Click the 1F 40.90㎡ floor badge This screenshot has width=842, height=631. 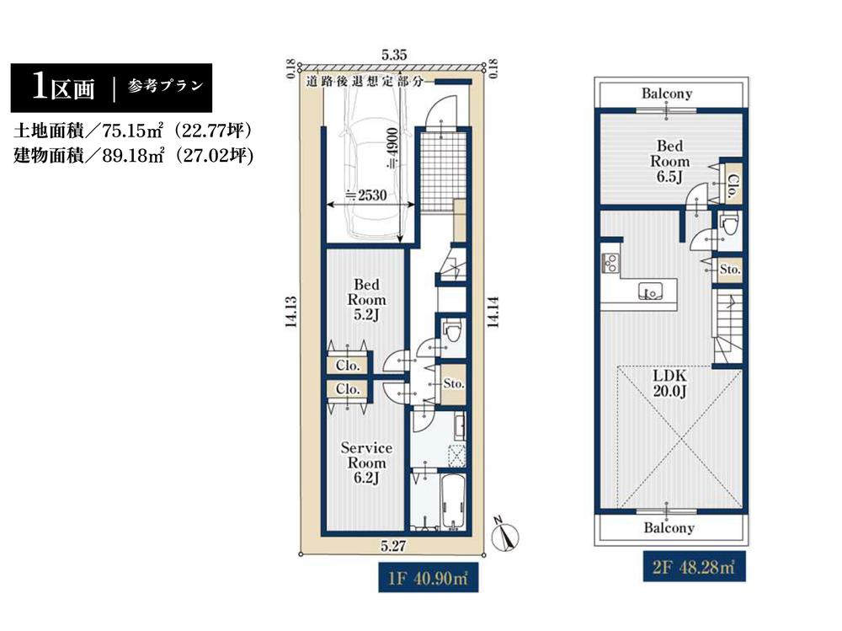point(428,577)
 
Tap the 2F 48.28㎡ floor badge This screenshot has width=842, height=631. point(695,566)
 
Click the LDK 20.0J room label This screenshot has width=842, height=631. point(669,382)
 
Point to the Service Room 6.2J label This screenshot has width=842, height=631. point(366,463)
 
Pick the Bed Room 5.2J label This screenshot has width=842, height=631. point(366,299)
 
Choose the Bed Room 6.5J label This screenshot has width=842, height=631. point(669,161)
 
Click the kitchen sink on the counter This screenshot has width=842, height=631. point(650,291)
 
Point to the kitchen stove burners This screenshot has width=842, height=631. point(610,262)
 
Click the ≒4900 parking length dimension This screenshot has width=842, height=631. point(392,148)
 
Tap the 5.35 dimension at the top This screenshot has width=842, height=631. point(394,55)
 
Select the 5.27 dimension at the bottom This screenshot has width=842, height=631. point(393,546)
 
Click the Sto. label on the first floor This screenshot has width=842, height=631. point(454,384)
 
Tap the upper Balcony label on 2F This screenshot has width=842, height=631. point(667,94)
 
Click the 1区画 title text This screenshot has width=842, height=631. point(63,87)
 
